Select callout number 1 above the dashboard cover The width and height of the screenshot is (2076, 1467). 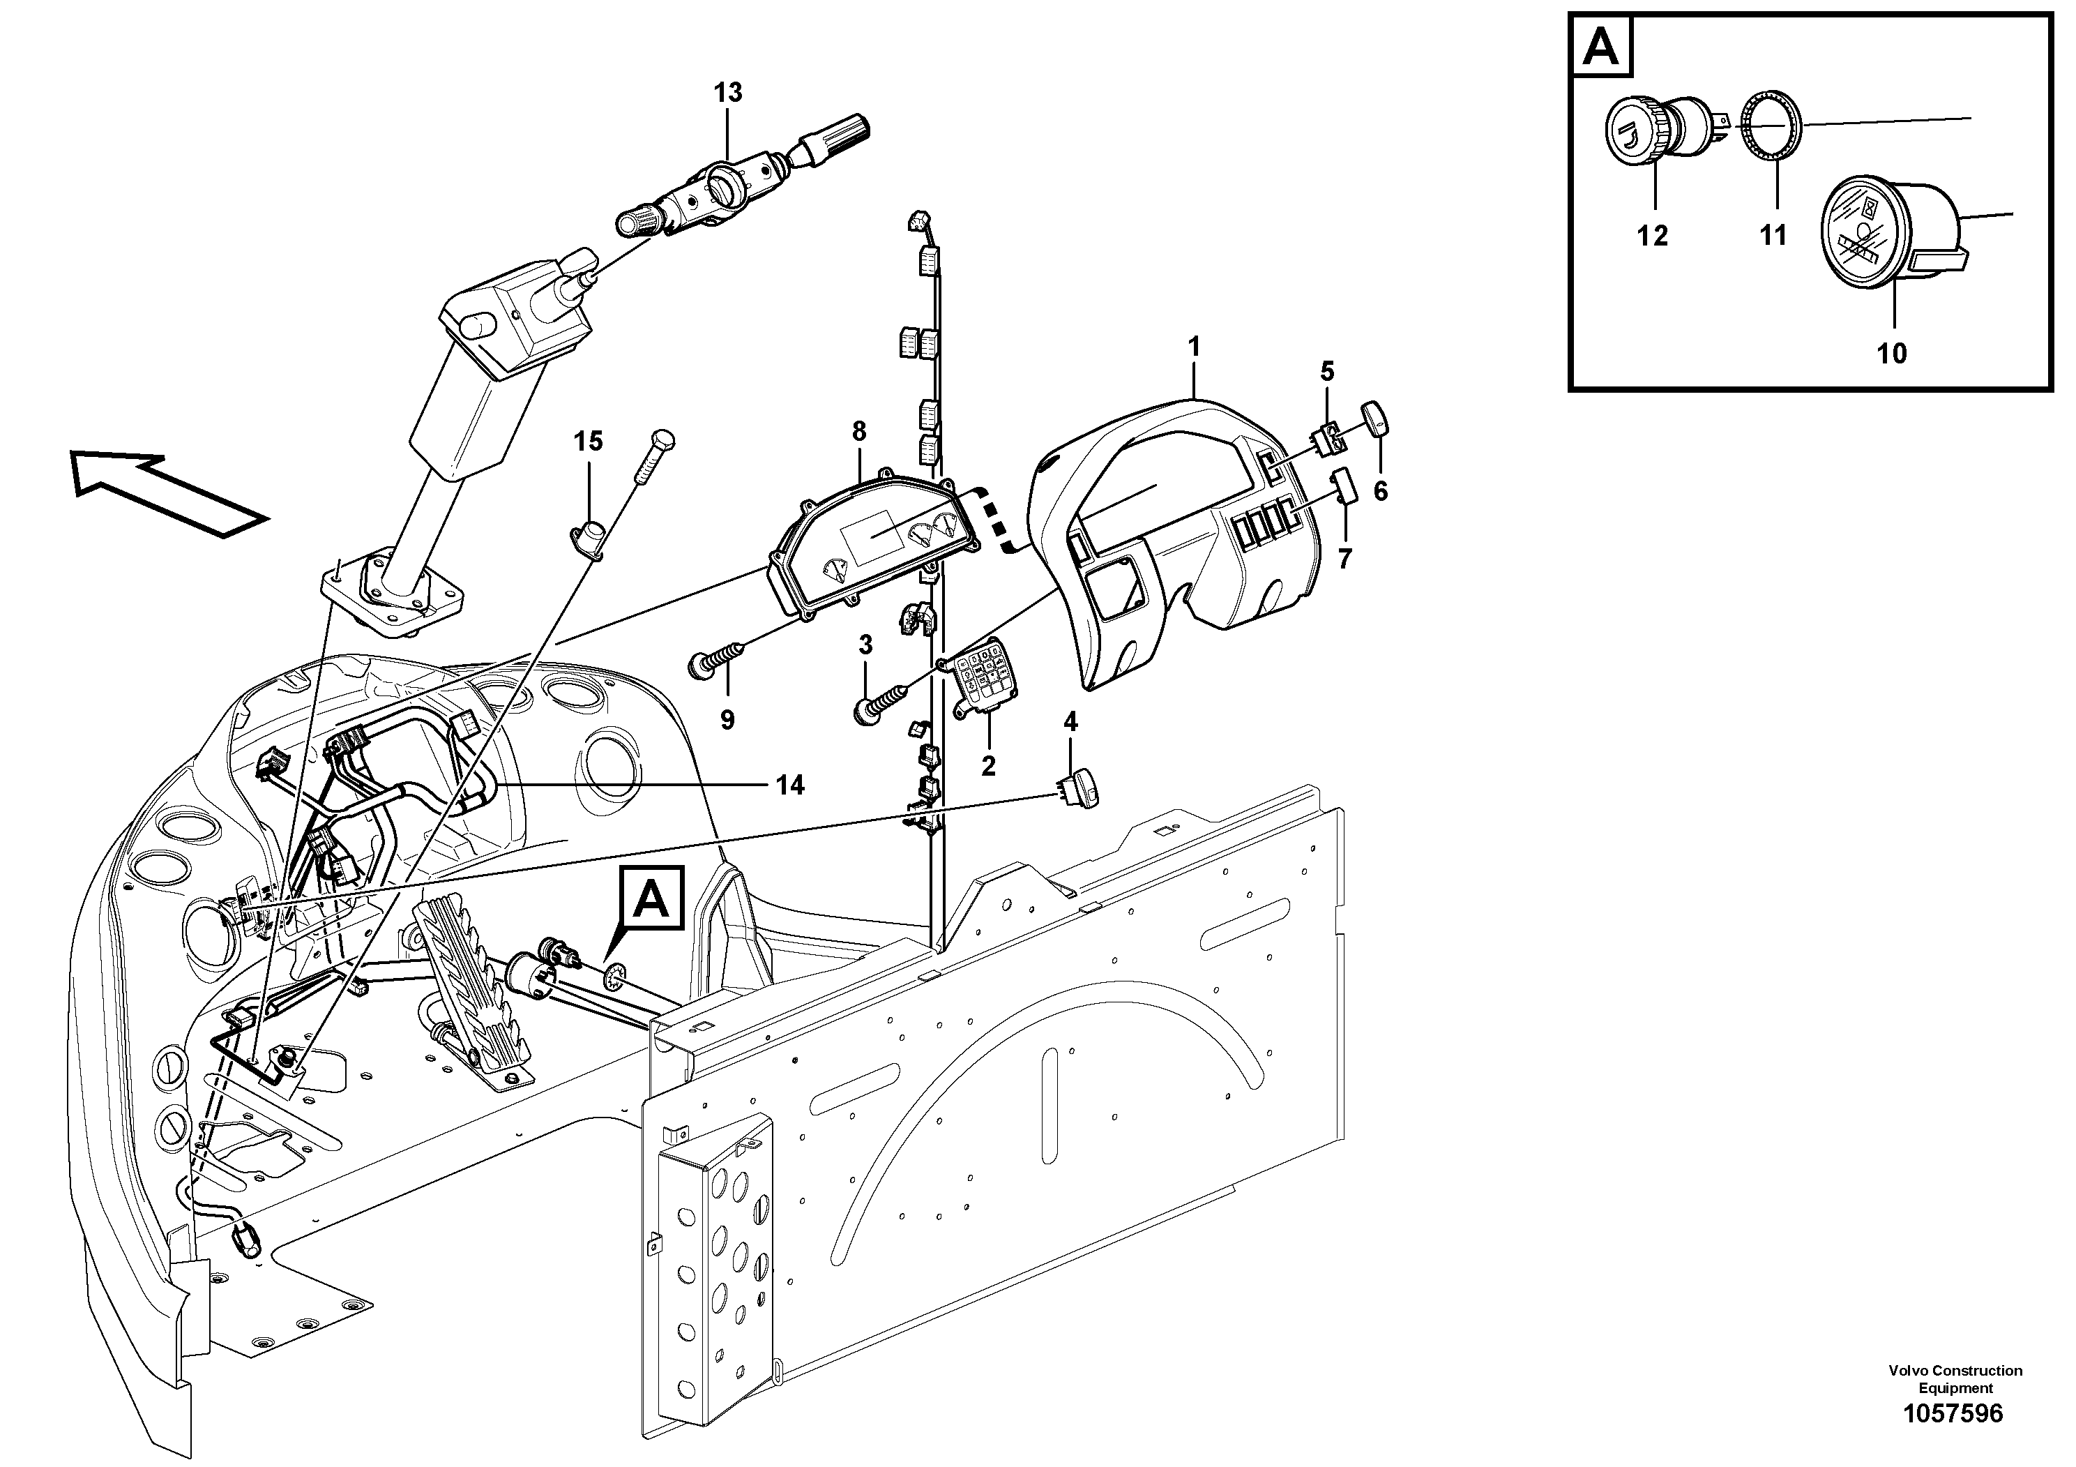(x=1194, y=347)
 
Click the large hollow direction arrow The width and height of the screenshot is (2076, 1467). (x=168, y=494)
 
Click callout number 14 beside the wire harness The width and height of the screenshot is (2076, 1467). (x=790, y=786)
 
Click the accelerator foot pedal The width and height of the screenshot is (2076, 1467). (x=470, y=995)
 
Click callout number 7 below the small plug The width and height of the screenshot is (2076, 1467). (x=1344, y=560)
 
